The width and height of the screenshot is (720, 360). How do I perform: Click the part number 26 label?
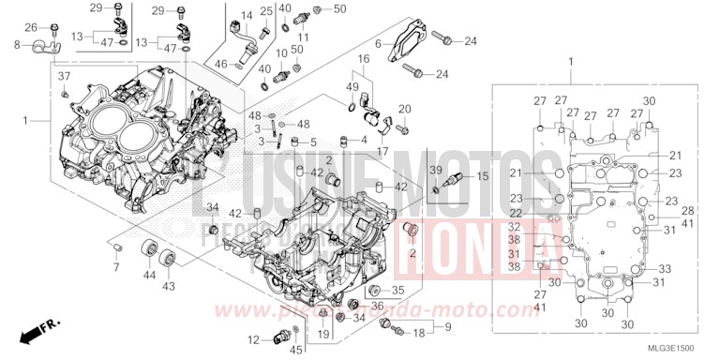click(30, 27)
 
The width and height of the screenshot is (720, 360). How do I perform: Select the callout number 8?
click(17, 44)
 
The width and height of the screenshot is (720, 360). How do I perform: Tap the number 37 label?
click(64, 76)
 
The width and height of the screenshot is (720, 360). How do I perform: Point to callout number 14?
click(247, 16)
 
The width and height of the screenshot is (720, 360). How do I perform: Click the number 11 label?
click(303, 37)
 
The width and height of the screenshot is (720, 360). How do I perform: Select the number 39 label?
click(435, 169)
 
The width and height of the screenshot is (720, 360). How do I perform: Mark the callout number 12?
click(253, 338)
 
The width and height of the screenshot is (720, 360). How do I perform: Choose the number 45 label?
click(296, 351)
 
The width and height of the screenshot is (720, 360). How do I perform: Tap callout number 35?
click(397, 290)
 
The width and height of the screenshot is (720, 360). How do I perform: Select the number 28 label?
click(686, 210)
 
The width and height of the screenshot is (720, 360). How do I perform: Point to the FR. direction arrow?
click(38, 329)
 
